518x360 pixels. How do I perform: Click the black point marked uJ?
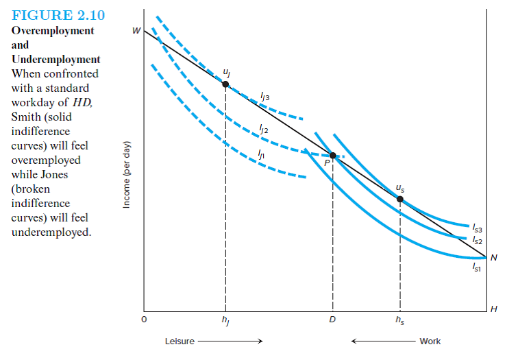point(225,84)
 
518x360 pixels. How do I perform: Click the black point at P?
point(333,156)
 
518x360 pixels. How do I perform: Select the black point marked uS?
point(400,200)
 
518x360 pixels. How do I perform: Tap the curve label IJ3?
point(264,97)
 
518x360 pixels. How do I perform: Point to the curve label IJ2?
point(264,128)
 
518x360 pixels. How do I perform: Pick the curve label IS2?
point(477,241)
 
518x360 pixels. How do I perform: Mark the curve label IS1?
point(477,269)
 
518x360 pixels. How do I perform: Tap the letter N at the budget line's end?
point(493,257)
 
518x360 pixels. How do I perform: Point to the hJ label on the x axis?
point(225,321)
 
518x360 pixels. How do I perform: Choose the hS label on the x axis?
point(400,321)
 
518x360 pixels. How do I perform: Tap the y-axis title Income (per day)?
point(126,179)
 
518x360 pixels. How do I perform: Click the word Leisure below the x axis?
point(180,341)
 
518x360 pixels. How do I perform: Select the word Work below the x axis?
point(430,341)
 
